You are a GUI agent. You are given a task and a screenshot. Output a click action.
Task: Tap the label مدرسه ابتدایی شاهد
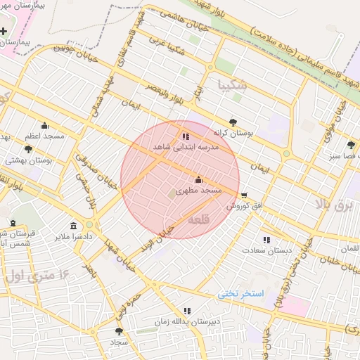[186, 147]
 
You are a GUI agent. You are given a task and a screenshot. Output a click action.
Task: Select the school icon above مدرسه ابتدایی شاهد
[185, 136]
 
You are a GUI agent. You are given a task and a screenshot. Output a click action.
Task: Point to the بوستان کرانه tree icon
[233, 122]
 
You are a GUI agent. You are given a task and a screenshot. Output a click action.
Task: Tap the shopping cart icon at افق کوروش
[244, 195]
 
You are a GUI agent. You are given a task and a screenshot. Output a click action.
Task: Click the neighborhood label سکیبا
[233, 86]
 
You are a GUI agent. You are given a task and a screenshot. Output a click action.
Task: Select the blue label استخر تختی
[240, 292]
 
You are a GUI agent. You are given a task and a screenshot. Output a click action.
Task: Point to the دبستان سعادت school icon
[266, 240]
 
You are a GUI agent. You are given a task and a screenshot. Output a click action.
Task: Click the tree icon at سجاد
[118, 330]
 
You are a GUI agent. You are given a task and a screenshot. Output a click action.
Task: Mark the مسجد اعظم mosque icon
[44, 126]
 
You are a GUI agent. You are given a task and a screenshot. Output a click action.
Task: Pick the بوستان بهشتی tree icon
[28, 149]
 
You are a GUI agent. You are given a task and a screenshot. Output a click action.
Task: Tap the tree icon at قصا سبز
[351, 144]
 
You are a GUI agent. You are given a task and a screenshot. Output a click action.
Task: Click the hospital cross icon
[5, 32]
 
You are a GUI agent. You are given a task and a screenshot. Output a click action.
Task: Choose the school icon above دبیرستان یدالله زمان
[186, 311]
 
